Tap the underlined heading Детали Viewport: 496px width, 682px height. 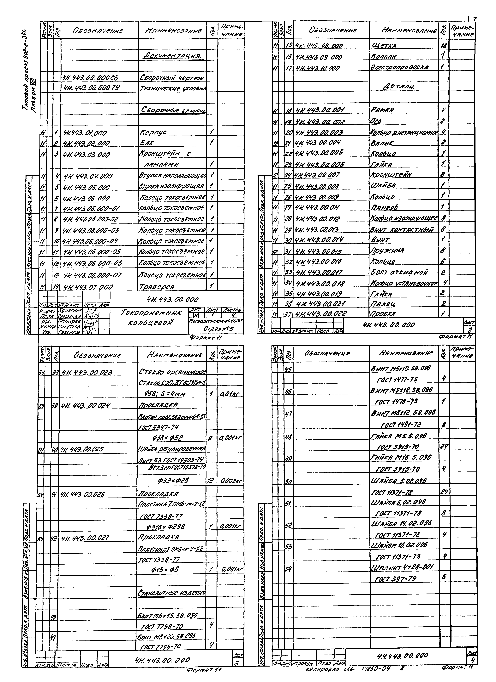tap(398, 87)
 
